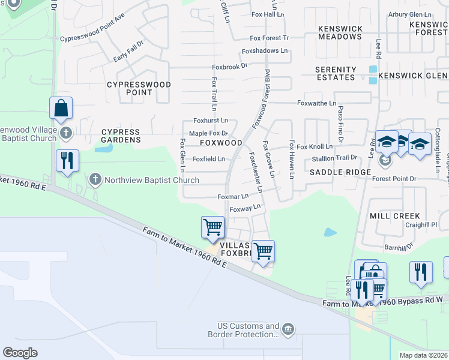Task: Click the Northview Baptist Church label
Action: click(152, 180)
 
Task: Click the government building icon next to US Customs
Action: click(288, 329)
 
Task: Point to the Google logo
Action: click(20, 352)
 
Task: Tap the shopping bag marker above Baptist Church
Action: click(61, 109)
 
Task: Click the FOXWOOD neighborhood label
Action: click(220, 143)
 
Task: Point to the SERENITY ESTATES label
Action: click(336, 74)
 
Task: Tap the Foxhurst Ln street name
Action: click(210, 121)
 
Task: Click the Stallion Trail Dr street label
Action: click(334, 158)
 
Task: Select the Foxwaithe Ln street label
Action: click(316, 104)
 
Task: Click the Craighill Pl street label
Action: click(421, 224)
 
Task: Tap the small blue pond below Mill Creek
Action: click(330, 232)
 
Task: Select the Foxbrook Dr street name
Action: click(229, 66)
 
